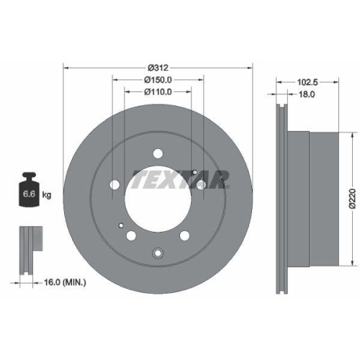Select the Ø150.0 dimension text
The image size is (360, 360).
pos(159,79)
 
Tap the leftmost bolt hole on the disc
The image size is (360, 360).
pos(115,186)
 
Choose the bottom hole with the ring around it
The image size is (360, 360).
pos(158,251)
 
